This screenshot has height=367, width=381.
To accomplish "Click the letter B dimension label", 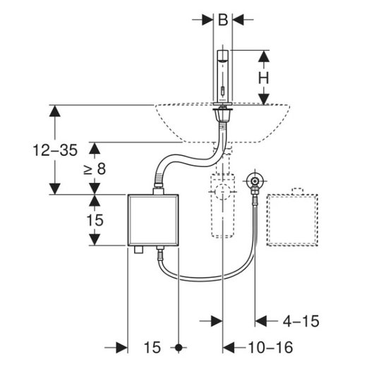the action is (223, 20).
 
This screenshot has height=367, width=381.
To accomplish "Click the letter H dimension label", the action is (264, 78).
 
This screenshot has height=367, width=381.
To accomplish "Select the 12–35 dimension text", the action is (55, 150).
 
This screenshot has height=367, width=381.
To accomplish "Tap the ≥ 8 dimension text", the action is (95, 169).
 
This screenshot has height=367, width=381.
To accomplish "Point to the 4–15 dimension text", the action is (301, 321).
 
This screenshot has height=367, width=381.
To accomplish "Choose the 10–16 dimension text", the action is (270, 347).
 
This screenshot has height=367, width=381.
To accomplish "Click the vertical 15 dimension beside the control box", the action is (95, 220).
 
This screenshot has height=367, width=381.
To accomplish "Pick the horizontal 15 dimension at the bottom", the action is (152, 347).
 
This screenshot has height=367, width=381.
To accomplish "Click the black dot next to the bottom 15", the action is (179, 348).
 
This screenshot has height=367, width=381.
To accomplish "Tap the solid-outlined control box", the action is (153, 220).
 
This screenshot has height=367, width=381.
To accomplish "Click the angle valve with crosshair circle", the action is (255, 181).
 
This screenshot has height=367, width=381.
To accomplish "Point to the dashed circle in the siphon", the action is (222, 191).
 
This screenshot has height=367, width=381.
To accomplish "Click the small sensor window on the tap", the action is (222, 91).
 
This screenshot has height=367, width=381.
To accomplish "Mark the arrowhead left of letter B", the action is (207, 20).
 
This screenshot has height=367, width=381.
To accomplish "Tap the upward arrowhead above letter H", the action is (264, 56).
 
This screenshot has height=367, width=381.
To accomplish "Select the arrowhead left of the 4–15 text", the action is (261, 321).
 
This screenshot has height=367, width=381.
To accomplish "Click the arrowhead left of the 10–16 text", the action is (229, 347).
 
